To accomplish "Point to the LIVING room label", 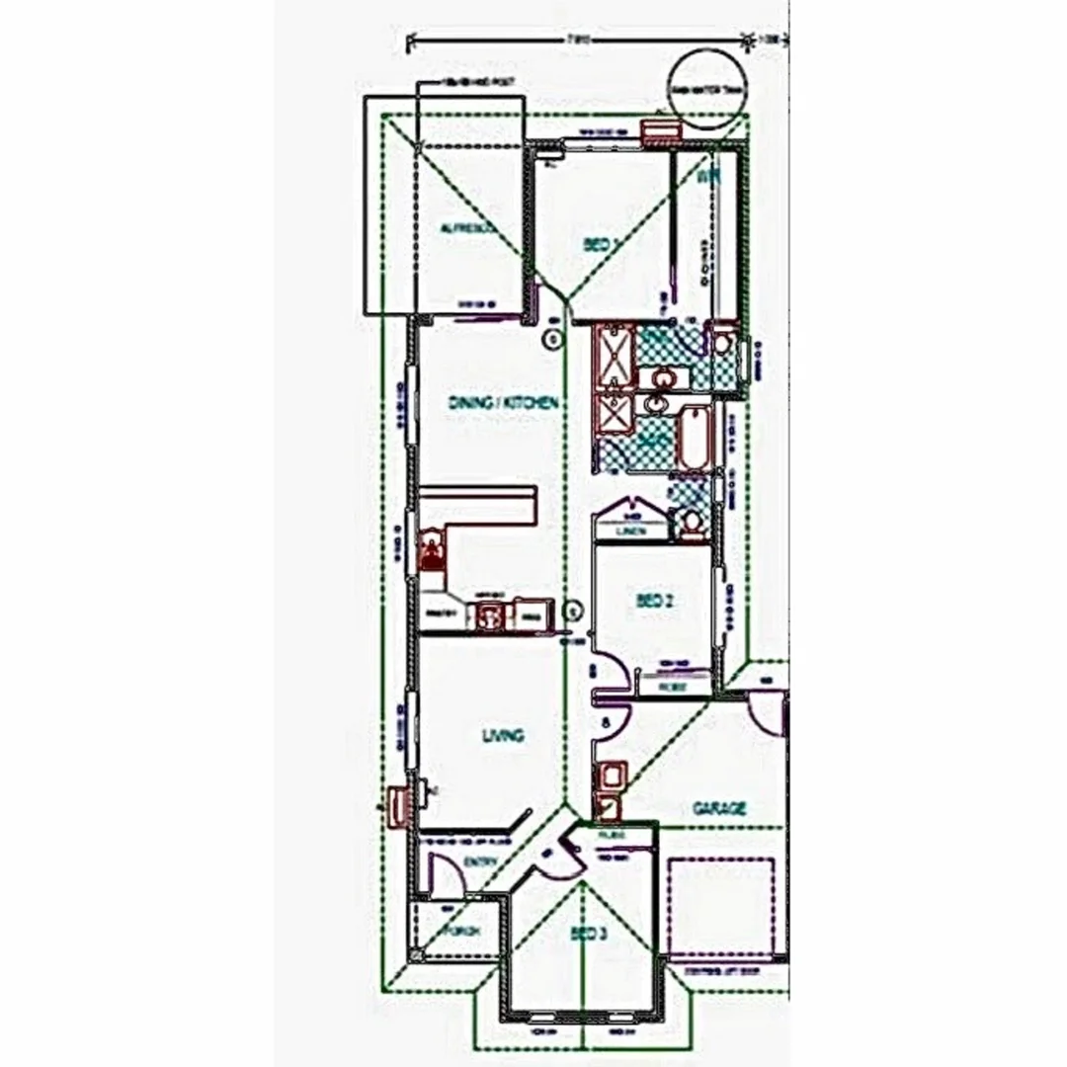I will (x=502, y=736).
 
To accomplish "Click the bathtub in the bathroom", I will (x=695, y=436).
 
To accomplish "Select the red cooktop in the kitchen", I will (x=431, y=549).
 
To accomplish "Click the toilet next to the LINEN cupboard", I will (x=691, y=523).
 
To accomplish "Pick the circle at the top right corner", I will (x=706, y=88).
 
